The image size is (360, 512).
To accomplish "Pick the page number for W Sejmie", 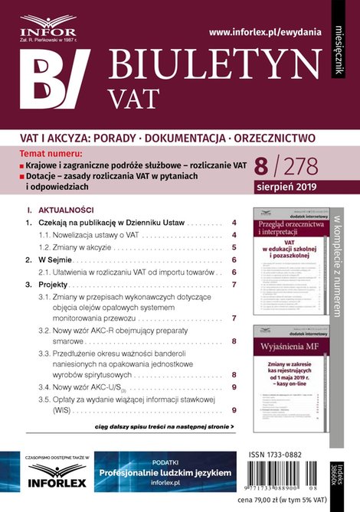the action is pos(233,260).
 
